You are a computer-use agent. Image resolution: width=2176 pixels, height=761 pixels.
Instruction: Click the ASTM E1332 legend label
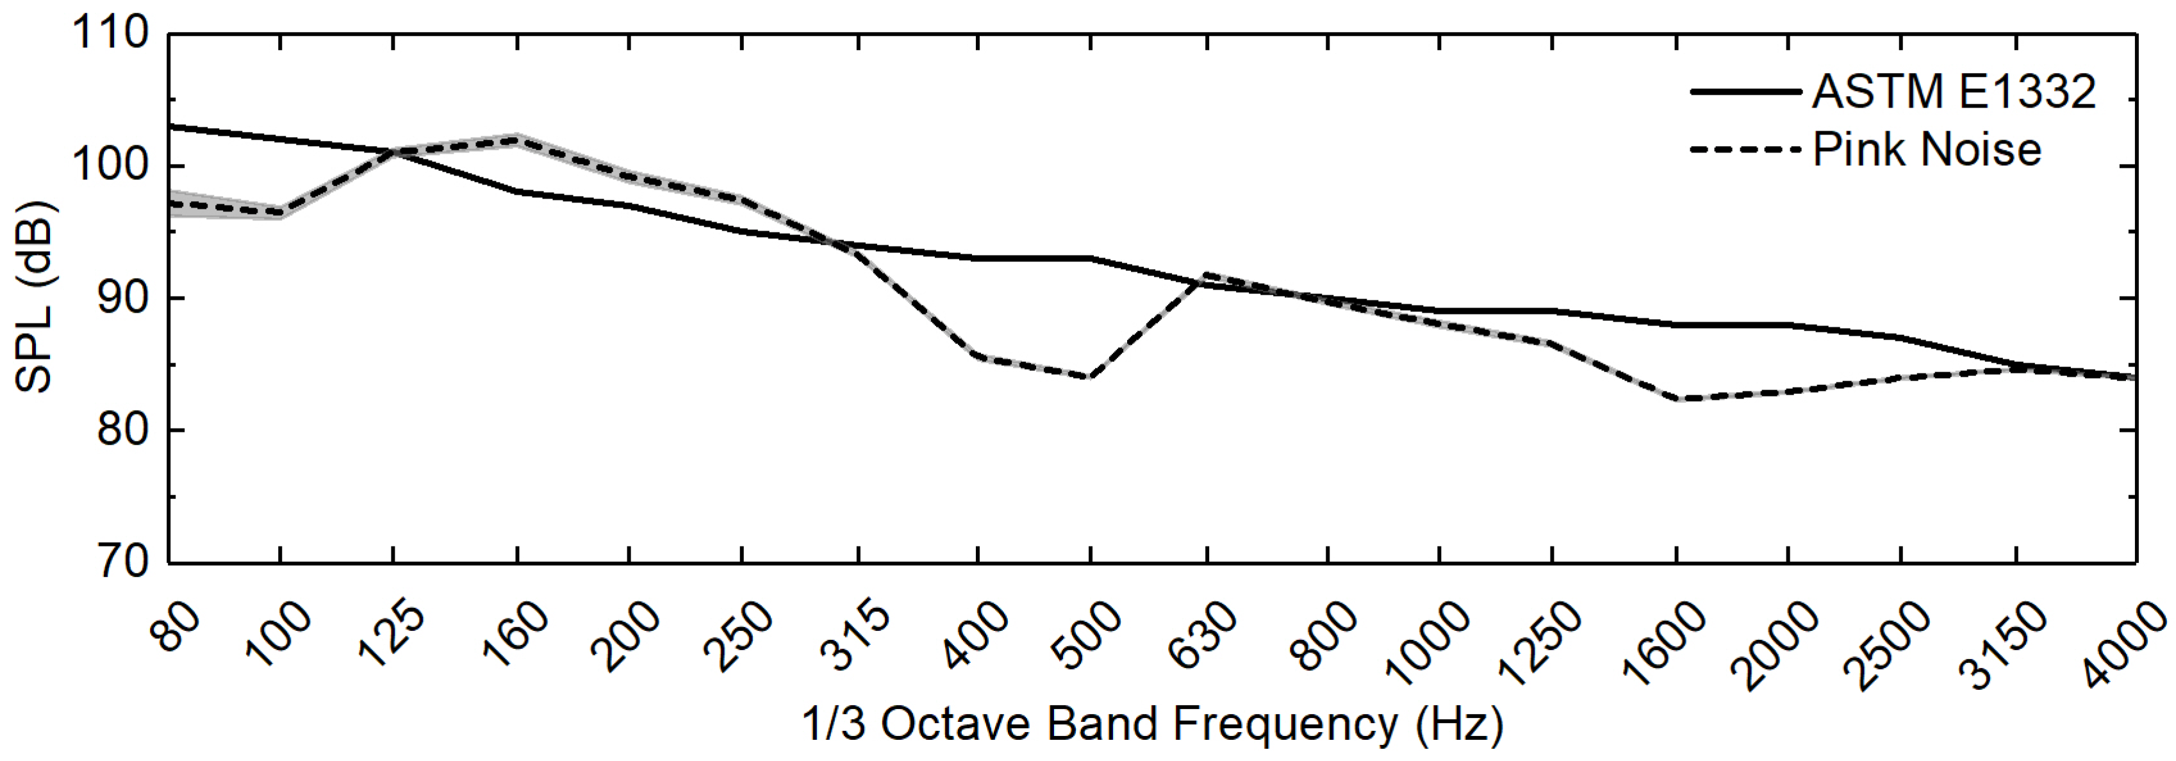point(1954,91)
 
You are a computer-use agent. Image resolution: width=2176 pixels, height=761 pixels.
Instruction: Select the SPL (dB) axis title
point(35,298)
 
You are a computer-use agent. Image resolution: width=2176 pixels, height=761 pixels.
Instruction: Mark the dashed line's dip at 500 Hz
point(1090,377)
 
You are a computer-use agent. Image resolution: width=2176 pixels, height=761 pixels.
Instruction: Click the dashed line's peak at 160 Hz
point(517,140)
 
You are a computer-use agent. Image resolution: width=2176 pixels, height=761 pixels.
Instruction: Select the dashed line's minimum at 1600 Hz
point(1675,398)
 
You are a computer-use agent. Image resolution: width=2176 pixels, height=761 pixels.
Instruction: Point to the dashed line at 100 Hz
point(279,212)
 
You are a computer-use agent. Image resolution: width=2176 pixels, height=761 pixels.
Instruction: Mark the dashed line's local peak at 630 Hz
point(1207,275)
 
